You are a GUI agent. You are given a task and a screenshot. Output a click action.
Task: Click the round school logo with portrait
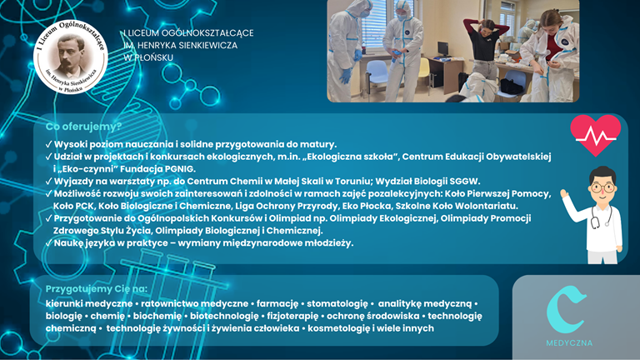click(71, 57)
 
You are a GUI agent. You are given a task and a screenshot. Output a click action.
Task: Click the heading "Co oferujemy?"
click(83, 127)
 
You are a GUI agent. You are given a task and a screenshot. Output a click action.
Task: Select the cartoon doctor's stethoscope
click(601, 216)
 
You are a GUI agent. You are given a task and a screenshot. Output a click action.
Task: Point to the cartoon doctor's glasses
click(602, 188)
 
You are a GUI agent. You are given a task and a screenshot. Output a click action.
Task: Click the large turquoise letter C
click(565, 309)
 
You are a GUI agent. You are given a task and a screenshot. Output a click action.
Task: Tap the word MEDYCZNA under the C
click(569, 342)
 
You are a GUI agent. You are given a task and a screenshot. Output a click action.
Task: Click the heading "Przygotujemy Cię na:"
click(97, 289)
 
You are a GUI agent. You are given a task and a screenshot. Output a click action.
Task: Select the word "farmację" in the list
click(277, 303)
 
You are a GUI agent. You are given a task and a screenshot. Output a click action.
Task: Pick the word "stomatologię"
click(337, 303)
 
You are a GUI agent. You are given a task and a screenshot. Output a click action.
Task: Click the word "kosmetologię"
click(338, 328)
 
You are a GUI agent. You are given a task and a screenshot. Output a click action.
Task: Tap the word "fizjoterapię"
click(292, 316)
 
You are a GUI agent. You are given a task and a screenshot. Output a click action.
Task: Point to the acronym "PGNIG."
click(180, 169)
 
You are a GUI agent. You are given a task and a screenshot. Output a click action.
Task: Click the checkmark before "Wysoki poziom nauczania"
click(49, 144)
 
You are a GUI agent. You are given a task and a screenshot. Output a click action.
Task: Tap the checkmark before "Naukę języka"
click(49, 242)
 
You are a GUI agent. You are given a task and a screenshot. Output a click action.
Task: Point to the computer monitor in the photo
click(443, 49)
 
